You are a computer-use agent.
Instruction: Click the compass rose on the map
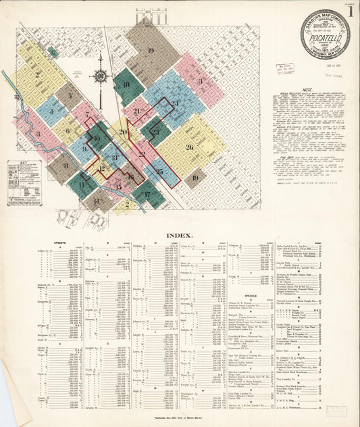tap(101, 76)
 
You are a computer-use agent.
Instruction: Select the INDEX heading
tap(180, 236)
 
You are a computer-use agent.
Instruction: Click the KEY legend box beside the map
tap(24, 182)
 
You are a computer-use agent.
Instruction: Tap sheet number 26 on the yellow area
tap(189, 147)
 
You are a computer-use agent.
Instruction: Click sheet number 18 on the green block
tap(126, 84)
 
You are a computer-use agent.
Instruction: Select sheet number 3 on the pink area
tap(201, 80)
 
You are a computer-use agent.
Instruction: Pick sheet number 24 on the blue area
tap(175, 103)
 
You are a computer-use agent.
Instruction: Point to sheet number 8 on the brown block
tap(66, 165)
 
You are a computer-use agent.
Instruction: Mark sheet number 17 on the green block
tap(147, 194)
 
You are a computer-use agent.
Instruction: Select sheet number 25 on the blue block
tap(159, 172)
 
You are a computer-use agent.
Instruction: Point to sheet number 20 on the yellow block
tap(123, 132)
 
